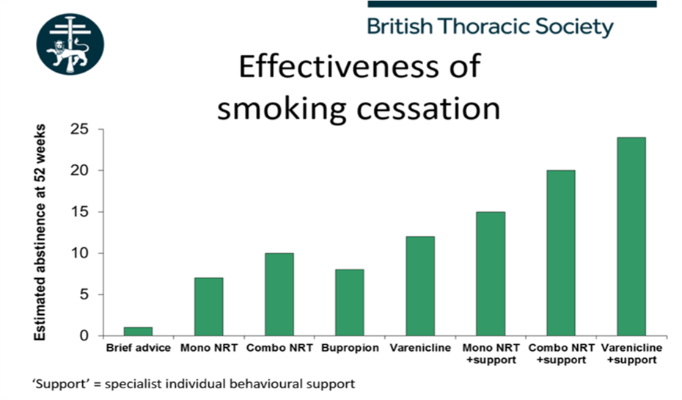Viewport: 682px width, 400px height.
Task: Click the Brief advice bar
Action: pos(138,331)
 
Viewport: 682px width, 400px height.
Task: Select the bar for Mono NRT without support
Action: pos(209,307)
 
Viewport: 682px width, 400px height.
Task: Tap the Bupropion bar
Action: pos(350,302)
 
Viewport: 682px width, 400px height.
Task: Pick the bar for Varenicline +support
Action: pos(631,237)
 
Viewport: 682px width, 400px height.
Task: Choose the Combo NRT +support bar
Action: pos(561,253)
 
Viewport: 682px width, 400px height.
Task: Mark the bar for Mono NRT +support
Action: pos(491,274)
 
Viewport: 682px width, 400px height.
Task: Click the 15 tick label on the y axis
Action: pos(79,212)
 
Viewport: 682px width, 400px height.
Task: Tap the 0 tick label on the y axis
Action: pos(84,335)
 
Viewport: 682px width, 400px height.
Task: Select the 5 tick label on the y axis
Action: pos(84,294)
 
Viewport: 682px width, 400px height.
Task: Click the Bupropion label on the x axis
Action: pos(350,348)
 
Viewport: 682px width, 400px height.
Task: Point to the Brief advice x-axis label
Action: pos(139,348)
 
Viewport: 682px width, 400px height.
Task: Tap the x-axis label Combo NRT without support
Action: pos(279,348)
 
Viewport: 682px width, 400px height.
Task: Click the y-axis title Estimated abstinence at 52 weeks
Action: pos(40,232)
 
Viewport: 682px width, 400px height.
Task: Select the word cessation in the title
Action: pos(428,109)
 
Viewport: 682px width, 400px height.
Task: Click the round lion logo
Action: pos(70,44)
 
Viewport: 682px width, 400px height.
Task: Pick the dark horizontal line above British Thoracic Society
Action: pos(512,4)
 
